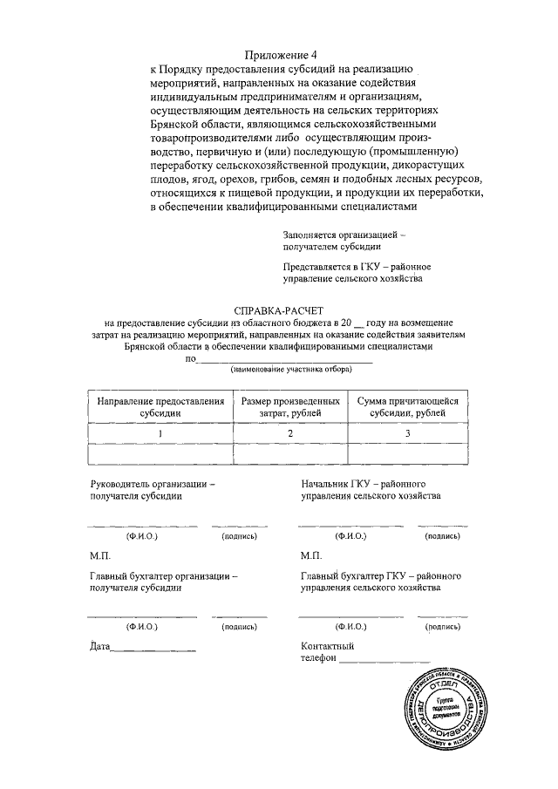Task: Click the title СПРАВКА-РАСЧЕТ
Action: (x=279, y=310)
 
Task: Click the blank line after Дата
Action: (x=154, y=650)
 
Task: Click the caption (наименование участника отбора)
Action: (x=291, y=370)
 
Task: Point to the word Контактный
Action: (x=327, y=646)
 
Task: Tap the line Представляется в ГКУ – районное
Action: (x=357, y=266)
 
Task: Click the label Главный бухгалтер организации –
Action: (x=163, y=575)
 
